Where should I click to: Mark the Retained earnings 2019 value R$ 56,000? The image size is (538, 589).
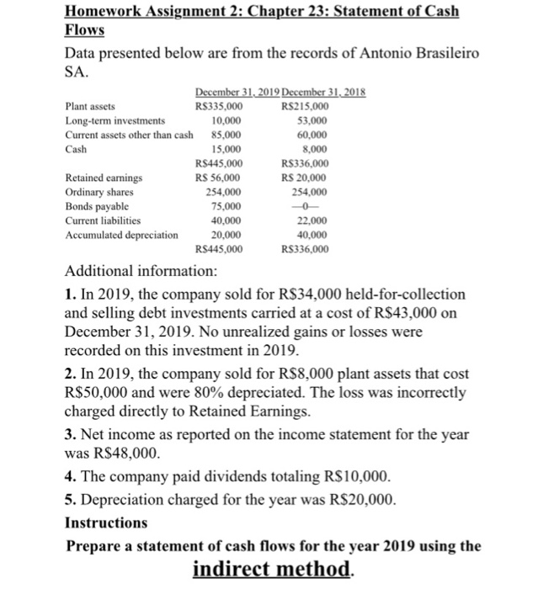click(x=218, y=178)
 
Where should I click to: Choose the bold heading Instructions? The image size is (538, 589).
click(x=105, y=522)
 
